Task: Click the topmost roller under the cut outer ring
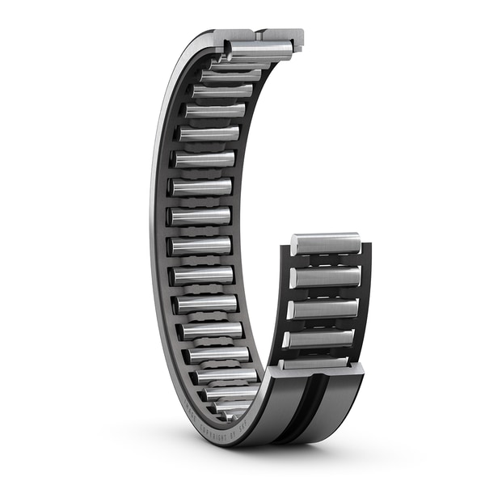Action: (x=259, y=51)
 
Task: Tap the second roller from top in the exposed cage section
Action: (x=325, y=276)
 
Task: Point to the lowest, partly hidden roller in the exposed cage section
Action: (x=317, y=363)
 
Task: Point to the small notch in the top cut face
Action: (x=257, y=36)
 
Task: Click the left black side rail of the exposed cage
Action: (x=285, y=307)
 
